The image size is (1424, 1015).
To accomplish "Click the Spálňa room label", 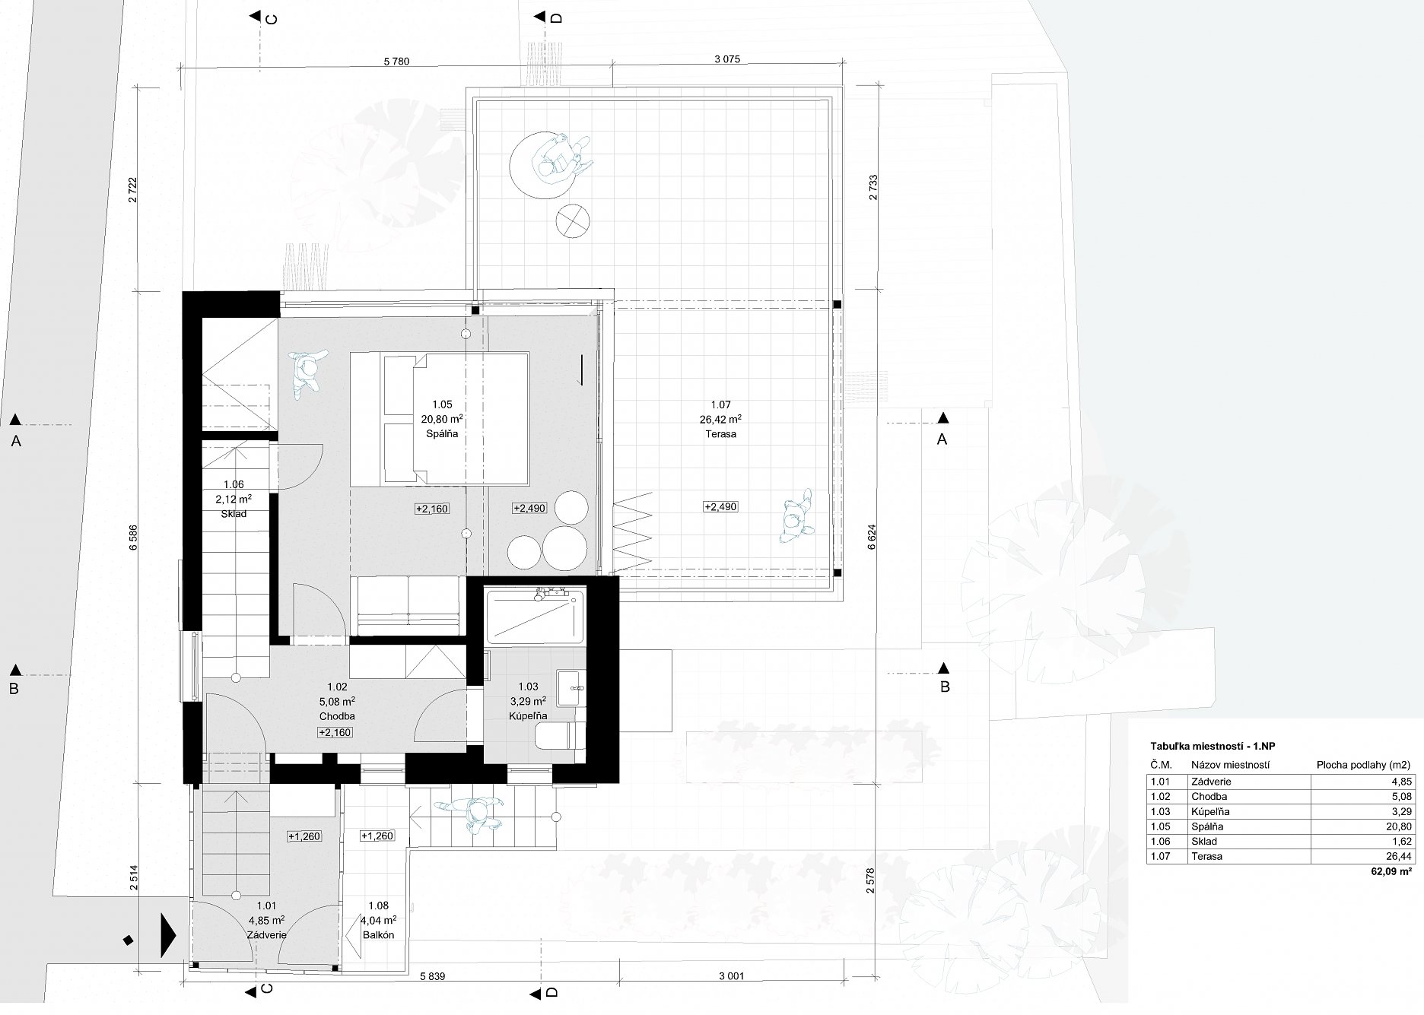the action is (x=443, y=434).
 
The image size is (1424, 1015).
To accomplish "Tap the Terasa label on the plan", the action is (x=720, y=434).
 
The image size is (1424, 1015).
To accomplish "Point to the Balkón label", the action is (x=378, y=935).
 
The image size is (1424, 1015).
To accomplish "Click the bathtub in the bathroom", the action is (x=535, y=617).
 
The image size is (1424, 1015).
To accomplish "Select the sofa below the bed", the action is (x=406, y=605).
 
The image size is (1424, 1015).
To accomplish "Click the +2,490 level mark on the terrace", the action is (x=720, y=506).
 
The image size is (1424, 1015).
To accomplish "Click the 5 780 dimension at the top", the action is (x=396, y=62).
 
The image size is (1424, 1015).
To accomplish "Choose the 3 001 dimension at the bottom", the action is (x=729, y=976).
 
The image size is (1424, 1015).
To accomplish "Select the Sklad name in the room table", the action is (x=1204, y=842).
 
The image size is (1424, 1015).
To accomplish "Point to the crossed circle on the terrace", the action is (x=573, y=222).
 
